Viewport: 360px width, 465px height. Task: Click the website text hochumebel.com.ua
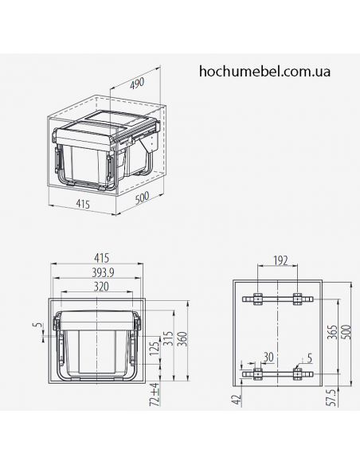click(x=265, y=70)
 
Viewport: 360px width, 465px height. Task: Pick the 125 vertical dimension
click(x=154, y=348)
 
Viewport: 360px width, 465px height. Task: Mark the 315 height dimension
click(x=167, y=340)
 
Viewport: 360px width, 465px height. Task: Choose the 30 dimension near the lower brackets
click(x=269, y=356)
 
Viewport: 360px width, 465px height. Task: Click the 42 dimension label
click(x=237, y=400)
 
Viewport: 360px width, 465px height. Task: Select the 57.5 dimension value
click(x=330, y=396)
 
